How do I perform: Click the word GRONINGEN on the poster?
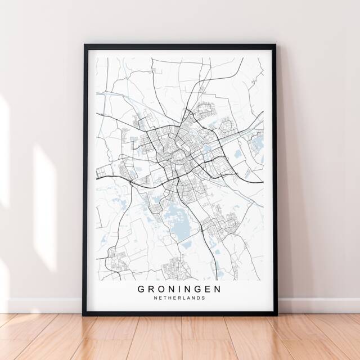[x=179, y=289]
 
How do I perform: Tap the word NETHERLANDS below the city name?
[x=179, y=299]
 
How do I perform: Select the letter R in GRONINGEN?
[x=150, y=289]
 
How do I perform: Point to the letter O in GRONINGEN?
[x=160, y=289]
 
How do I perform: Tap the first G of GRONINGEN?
[x=140, y=289]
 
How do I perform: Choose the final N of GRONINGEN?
[x=218, y=289]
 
